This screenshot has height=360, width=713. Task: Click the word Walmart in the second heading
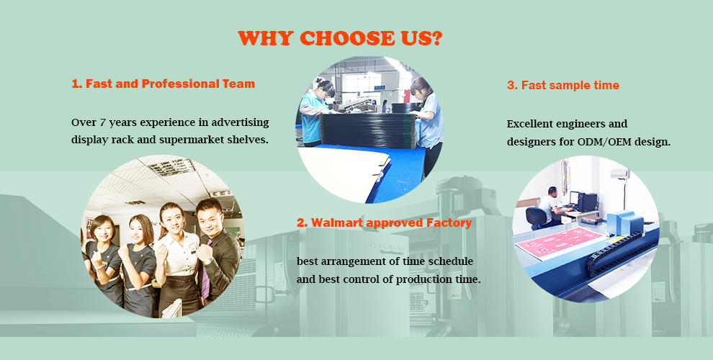click(x=336, y=222)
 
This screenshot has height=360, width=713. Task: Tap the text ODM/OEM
click(x=603, y=142)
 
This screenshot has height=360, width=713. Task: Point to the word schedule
click(x=449, y=261)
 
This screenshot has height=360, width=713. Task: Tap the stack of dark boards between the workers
click(x=368, y=130)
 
